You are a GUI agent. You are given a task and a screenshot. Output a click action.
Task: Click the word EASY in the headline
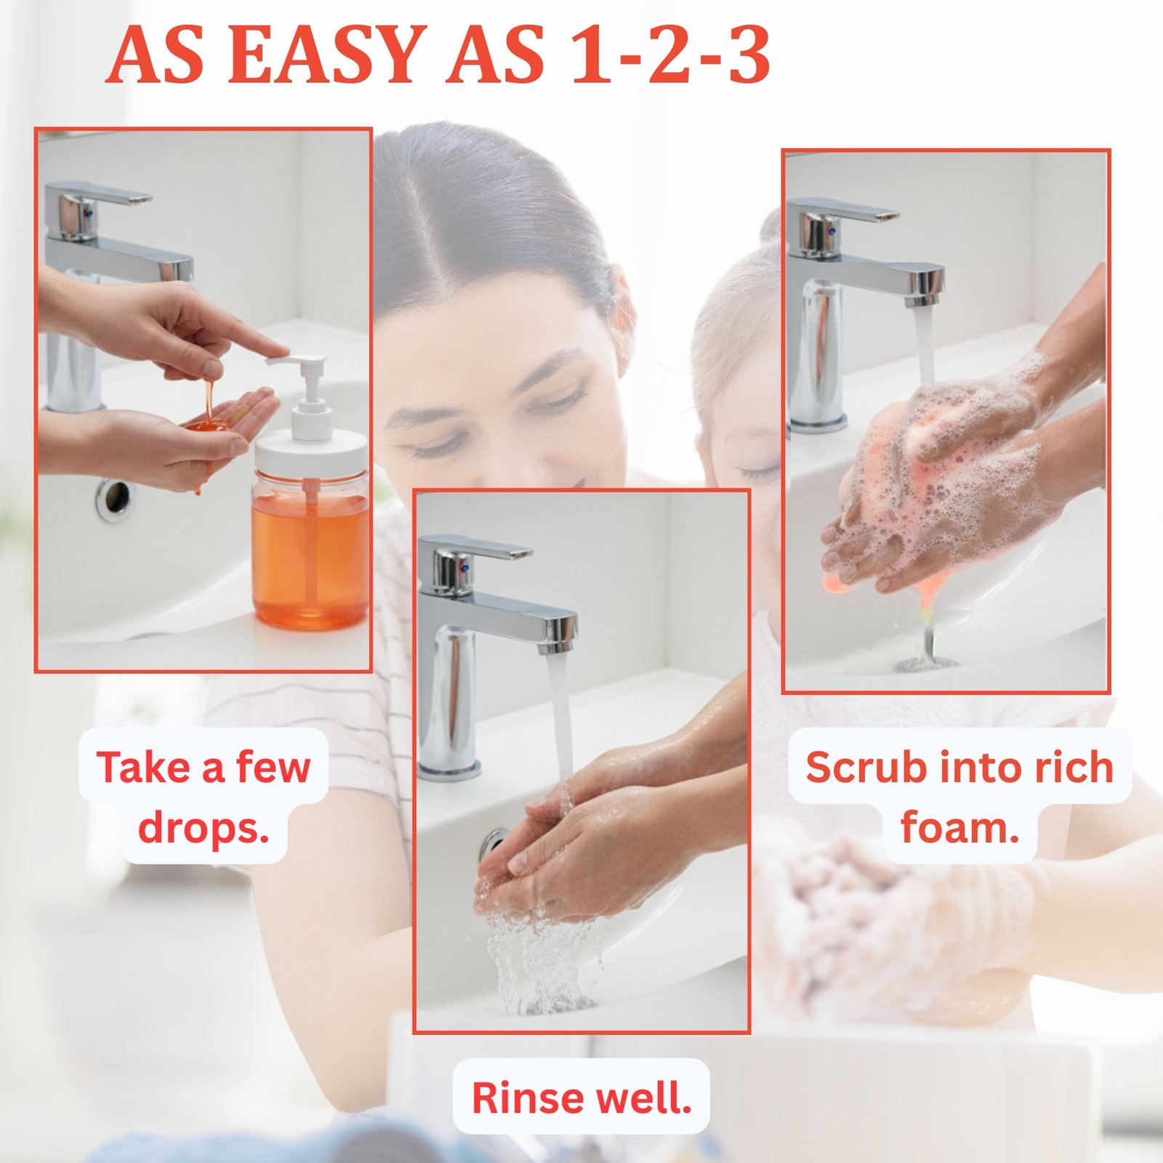coord(331,55)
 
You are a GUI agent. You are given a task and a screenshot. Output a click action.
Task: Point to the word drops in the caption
coord(204,828)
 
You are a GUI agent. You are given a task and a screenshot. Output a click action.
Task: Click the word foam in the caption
coord(959,827)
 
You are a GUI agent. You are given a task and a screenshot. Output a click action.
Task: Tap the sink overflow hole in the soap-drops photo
coord(115,499)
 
